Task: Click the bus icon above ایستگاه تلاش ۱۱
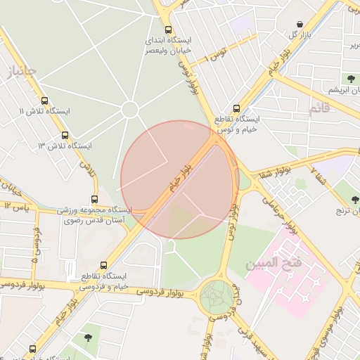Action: click(45, 101)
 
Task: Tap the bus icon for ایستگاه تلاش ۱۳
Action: click(65, 135)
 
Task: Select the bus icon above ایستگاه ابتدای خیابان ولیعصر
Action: click(167, 30)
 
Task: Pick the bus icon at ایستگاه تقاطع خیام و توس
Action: click(236, 109)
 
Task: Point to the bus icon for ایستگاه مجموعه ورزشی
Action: click(95, 200)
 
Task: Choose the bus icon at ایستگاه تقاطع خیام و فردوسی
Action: click(104, 265)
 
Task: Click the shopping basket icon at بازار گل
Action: click(300, 25)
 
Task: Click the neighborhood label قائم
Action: click(319, 109)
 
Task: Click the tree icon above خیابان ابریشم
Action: click(350, 78)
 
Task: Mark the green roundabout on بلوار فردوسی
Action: click(217, 297)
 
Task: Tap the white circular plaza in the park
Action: click(129, 109)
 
